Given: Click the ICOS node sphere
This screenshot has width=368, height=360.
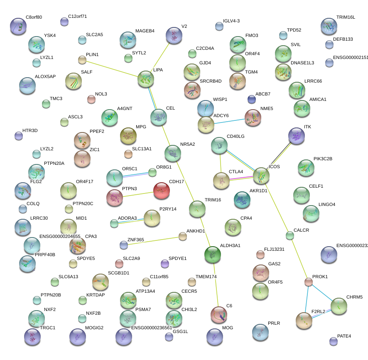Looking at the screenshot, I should click(261, 176).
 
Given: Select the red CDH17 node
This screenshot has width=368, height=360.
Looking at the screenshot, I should click(162, 191).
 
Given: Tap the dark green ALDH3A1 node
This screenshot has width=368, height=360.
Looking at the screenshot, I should click(213, 254).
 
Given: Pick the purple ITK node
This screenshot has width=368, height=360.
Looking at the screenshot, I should click(296, 136).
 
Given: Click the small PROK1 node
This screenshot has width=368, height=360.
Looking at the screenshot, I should click(309, 282).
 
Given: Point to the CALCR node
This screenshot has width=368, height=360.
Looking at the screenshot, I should click(290, 236).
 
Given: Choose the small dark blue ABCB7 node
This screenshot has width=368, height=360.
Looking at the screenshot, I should click(251, 99).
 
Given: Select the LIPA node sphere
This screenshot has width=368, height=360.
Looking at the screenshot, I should click(146, 79).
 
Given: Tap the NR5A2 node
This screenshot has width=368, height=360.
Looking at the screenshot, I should click(173, 153).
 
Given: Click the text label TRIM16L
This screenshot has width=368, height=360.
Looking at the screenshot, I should click(346, 17).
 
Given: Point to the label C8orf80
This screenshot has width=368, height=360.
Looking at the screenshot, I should click(34, 17).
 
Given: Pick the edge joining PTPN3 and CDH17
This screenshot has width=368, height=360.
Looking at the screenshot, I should click(138, 194).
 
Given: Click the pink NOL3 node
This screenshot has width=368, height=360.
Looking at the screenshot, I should click(91, 99).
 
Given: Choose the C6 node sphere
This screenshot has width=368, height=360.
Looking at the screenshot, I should click(219, 315).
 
